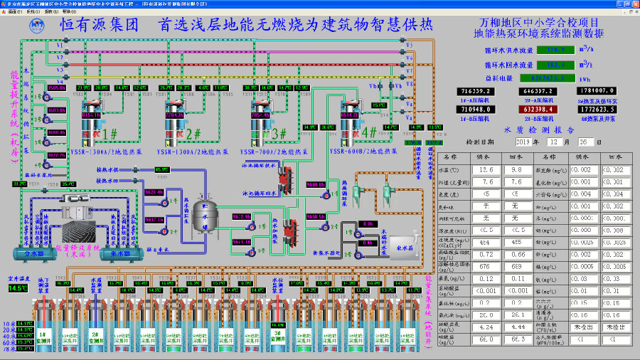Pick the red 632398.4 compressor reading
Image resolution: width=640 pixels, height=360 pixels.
pyautogui.click(x=539, y=110)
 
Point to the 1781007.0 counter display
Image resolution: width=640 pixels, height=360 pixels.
pyautogui.click(x=597, y=91)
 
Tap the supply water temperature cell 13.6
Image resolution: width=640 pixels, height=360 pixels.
pyautogui.click(x=486, y=170)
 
